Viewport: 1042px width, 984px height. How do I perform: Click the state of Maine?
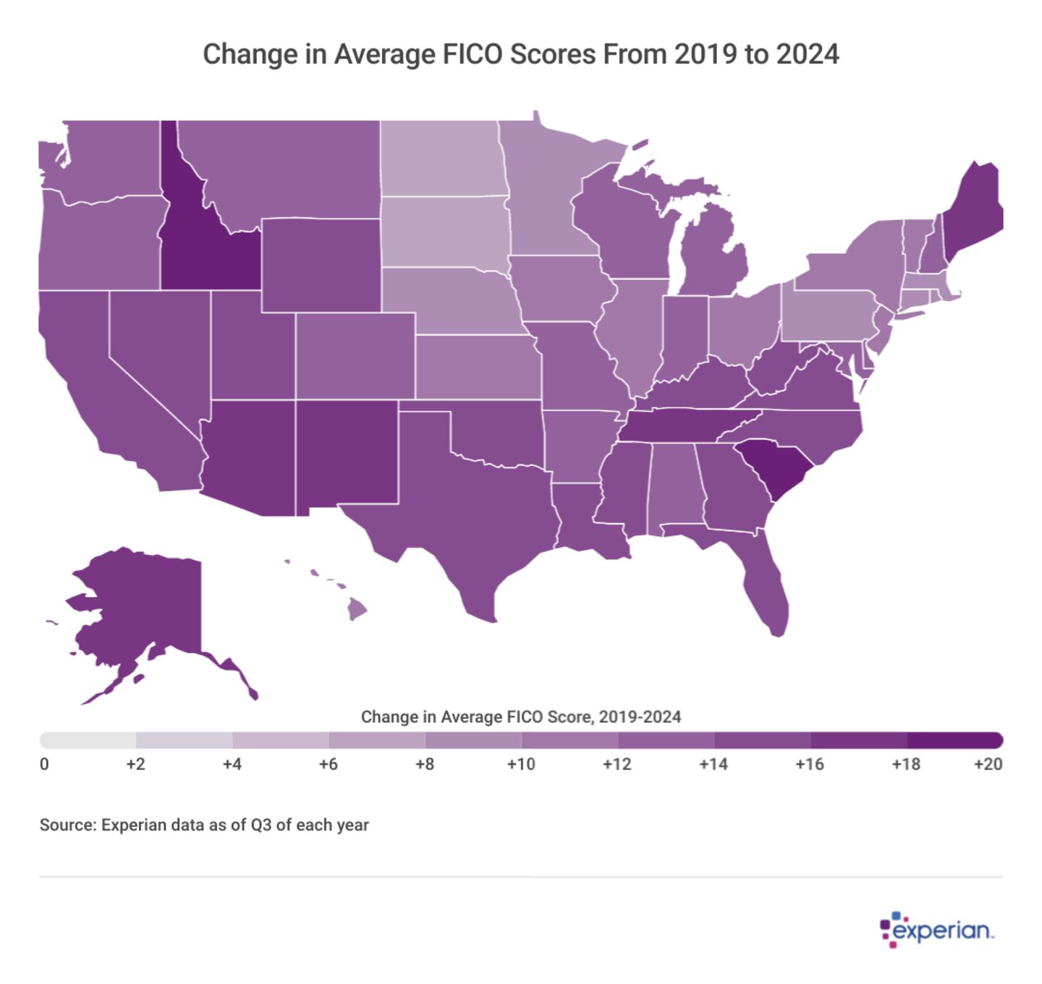point(973,210)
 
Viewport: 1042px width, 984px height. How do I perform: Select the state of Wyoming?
point(320,265)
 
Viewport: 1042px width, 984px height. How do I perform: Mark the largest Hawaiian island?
point(357,610)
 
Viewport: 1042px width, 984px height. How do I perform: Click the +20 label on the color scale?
point(988,764)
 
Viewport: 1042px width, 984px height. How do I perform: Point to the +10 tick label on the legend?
point(521,764)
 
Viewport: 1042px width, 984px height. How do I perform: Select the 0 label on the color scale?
point(45,764)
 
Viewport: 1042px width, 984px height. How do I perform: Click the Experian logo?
point(937,929)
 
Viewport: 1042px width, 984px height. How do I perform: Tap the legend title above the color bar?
point(521,717)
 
